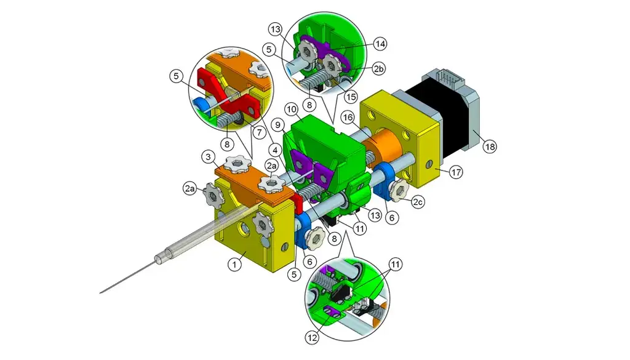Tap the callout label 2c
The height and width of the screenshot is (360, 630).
click(x=418, y=201)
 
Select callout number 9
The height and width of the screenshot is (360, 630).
click(x=279, y=124)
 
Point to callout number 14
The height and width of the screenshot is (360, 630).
click(x=380, y=44)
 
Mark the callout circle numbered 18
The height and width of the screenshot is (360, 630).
click(x=490, y=146)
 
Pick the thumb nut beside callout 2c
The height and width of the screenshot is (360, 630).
click(x=400, y=191)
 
